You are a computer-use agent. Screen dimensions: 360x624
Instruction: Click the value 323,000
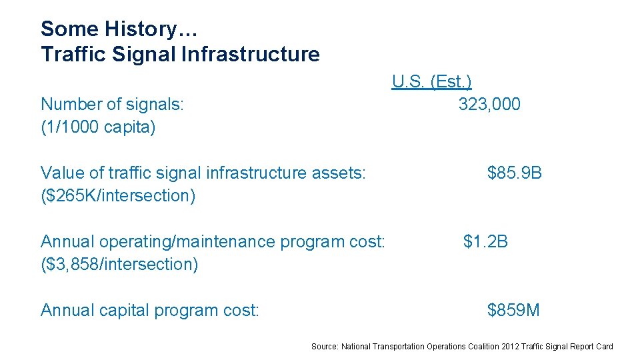[x=489, y=105]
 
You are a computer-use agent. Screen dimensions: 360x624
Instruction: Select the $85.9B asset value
[x=514, y=173]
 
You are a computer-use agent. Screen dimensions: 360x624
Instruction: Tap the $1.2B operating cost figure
[x=485, y=241]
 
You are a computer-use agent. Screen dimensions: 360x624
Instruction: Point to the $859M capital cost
[x=513, y=310]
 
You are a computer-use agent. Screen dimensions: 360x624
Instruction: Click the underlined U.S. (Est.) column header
[x=432, y=82]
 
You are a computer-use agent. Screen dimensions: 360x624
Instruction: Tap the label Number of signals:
[x=112, y=105]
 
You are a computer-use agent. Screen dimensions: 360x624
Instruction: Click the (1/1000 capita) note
[x=98, y=127]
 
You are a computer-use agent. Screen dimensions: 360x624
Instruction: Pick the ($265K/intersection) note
[x=118, y=196]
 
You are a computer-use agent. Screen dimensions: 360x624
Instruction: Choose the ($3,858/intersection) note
[x=119, y=264]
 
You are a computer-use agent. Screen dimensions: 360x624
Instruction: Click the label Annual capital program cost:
[x=149, y=310]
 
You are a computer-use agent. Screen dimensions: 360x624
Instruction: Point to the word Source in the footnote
[x=325, y=347]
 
